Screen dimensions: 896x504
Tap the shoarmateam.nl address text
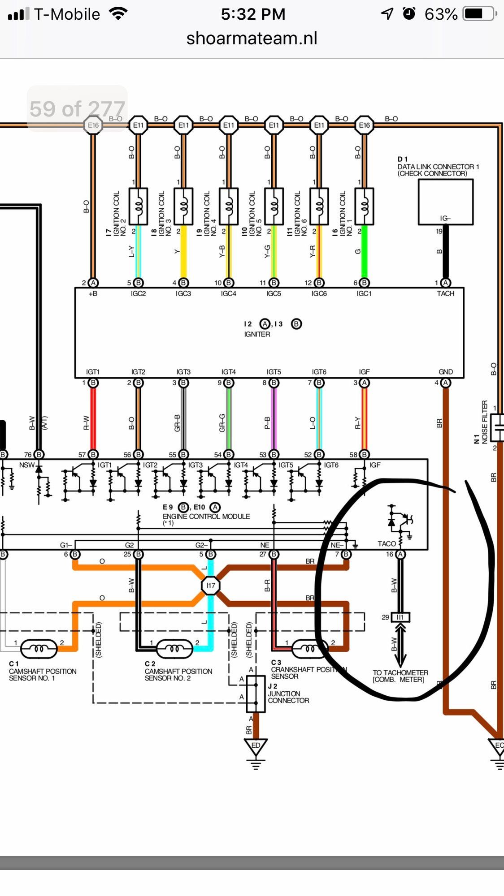point(252,39)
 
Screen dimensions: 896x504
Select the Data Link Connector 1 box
point(445,202)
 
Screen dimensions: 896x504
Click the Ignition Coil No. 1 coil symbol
point(364,206)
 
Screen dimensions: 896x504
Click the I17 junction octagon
point(210,585)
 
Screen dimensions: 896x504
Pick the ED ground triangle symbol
point(256,746)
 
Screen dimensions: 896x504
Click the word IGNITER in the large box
point(257,334)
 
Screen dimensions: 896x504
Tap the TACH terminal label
point(445,293)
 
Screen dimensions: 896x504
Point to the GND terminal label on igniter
point(445,372)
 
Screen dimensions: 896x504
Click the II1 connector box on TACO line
point(400,617)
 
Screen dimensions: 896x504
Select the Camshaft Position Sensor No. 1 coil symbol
point(39,648)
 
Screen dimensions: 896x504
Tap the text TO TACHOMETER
point(400,672)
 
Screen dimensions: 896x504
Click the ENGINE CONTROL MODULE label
point(206,516)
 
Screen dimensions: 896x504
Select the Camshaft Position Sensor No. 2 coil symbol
point(174,648)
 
